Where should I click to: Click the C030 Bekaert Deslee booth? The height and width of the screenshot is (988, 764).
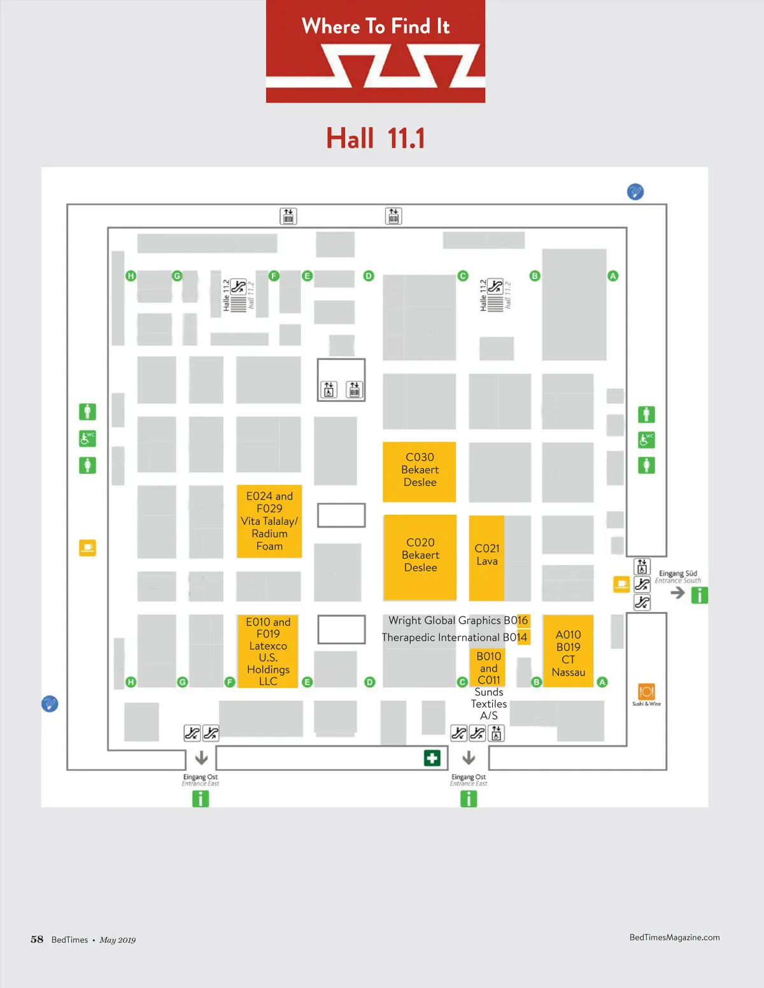[420, 471]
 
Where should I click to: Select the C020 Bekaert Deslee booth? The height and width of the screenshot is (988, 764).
[420, 556]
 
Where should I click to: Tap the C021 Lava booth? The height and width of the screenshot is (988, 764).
[486, 556]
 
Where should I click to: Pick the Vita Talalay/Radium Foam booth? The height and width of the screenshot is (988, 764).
[269, 522]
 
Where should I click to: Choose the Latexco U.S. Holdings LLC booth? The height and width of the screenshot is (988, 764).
[268, 651]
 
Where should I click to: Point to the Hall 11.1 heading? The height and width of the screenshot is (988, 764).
[376, 139]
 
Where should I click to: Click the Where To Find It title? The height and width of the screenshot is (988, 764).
[376, 27]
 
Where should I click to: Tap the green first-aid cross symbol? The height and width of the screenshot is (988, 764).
[432, 758]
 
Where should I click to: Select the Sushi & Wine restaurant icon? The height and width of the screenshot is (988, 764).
[646, 692]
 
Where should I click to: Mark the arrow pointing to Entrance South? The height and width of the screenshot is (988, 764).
[677, 593]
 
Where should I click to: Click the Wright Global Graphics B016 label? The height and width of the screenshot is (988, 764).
[458, 621]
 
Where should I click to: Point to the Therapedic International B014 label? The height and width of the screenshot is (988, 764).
[454, 637]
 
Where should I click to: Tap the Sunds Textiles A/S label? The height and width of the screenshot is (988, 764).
[489, 704]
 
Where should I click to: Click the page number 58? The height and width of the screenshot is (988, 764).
[37, 940]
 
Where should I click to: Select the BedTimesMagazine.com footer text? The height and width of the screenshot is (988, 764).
[674, 937]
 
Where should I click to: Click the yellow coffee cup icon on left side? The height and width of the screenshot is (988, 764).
[87, 548]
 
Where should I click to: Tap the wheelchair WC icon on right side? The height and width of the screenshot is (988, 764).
[646, 440]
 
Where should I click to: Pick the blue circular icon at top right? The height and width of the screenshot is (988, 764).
[635, 191]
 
